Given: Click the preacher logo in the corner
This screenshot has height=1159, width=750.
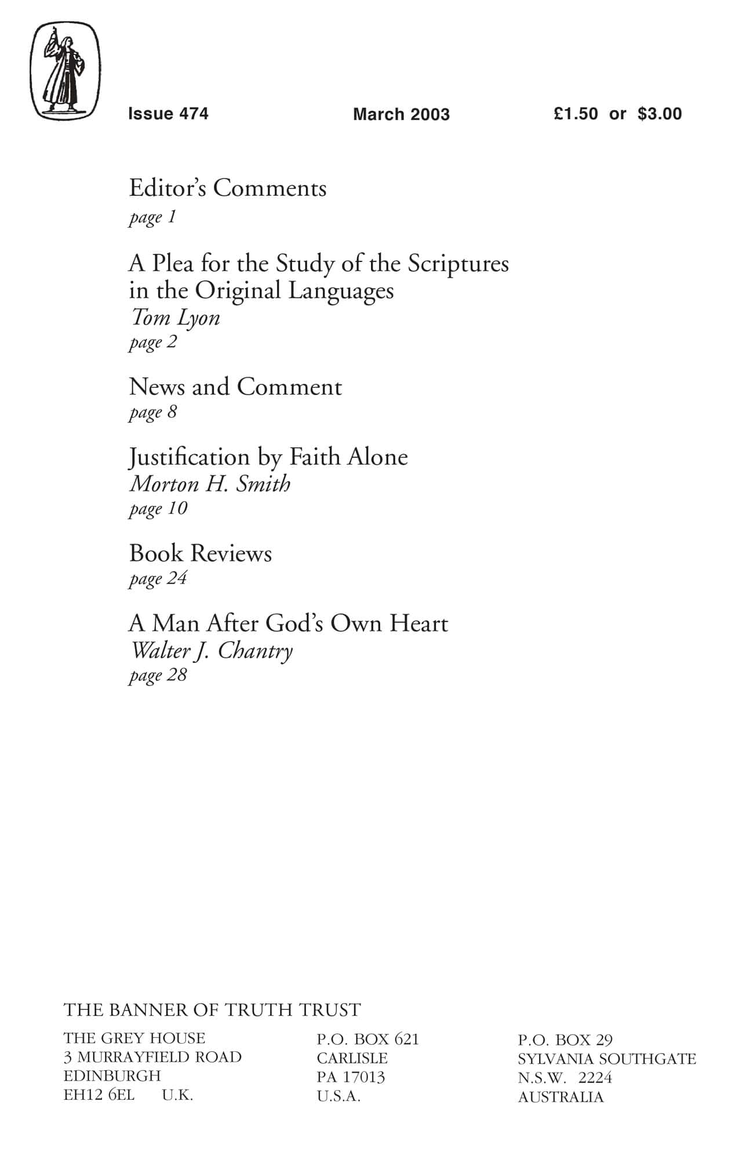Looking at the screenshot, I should (x=65, y=71).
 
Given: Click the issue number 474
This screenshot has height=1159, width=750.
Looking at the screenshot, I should (x=194, y=114).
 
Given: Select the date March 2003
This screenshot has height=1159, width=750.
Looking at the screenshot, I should (x=401, y=114).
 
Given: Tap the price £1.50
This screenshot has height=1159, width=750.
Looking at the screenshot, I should (x=576, y=114).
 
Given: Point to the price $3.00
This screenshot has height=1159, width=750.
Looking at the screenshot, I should (x=660, y=114).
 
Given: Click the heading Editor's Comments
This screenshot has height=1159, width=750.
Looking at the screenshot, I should (x=228, y=188).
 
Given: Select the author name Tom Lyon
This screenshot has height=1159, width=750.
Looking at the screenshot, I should (x=175, y=318).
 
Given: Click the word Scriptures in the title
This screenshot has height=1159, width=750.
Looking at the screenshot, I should (x=458, y=264).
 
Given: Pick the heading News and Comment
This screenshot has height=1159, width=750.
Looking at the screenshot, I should (x=235, y=387).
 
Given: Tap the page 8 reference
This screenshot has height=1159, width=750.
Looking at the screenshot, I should (x=153, y=412).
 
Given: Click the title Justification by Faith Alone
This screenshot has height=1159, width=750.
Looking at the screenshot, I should (x=268, y=457).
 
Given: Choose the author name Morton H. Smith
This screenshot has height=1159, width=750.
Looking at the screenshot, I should (x=210, y=484).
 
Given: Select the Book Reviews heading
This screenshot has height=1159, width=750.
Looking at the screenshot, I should (x=201, y=553).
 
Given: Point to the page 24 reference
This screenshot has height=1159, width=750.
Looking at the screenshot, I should (x=158, y=578).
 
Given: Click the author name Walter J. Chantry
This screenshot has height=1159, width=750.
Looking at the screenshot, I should (x=212, y=650).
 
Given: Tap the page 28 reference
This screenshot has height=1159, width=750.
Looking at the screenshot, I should (x=158, y=675).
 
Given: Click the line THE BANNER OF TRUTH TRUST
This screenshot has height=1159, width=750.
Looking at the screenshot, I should (x=212, y=1010).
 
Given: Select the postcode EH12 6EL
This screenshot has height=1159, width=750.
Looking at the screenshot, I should (x=99, y=1095).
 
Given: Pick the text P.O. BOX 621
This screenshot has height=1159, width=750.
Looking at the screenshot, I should (x=367, y=1039).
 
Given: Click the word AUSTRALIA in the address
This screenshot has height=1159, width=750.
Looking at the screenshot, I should (x=560, y=1097).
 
